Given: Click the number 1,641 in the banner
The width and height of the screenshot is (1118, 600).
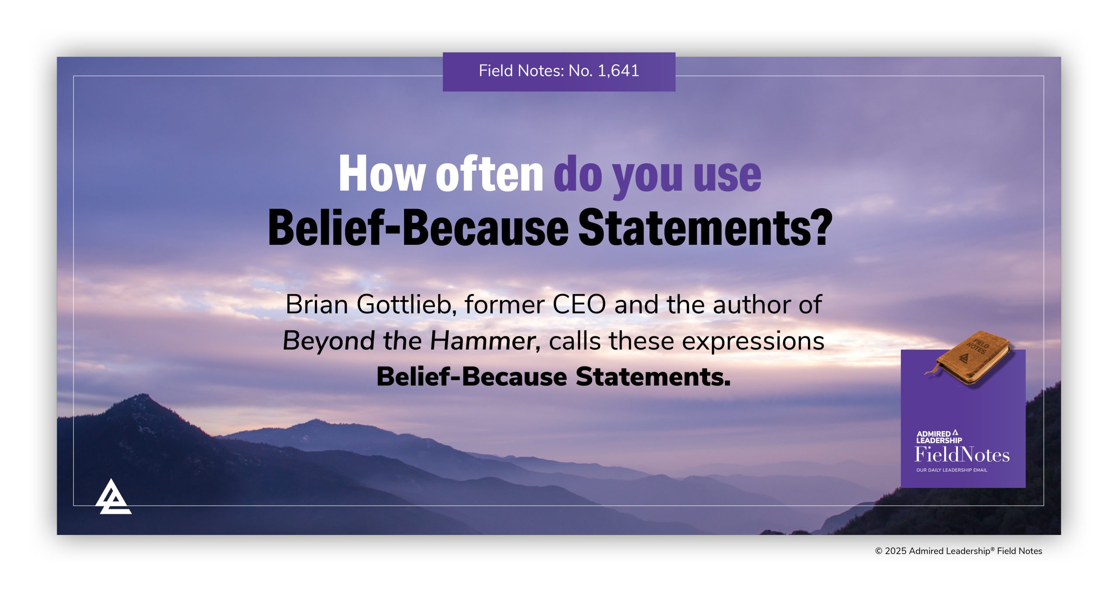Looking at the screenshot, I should tap(618, 71).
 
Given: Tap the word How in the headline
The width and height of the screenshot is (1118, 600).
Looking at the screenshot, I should tap(382, 174).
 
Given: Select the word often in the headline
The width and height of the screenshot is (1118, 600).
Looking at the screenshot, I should tap(490, 174).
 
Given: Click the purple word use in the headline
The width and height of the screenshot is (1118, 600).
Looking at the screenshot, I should tap(727, 175).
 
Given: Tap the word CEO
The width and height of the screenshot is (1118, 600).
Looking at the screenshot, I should tap(579, 304).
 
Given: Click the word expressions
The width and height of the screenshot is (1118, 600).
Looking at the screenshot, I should tap(753, 341).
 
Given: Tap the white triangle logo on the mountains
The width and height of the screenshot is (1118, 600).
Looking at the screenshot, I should tap(113, 497).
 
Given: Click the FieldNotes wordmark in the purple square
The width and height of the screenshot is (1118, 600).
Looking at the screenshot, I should tap(962, 455).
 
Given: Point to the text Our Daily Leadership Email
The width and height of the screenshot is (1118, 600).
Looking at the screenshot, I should tap(952, 470).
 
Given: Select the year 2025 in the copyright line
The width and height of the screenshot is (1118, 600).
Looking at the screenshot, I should tap(895, 551).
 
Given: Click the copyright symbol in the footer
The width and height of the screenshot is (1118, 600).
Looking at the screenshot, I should tap(879, 551).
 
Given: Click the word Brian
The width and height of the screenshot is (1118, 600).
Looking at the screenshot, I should tap(317, 304).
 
